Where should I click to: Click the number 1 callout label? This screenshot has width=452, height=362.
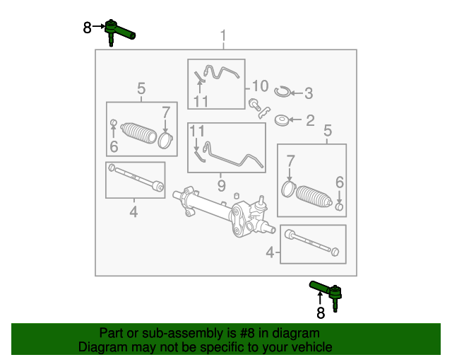point(224,36)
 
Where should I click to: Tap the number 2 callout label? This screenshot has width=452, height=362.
point(310,121)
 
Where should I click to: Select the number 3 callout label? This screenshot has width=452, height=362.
point(309,93)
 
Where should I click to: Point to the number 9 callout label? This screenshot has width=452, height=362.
point(221,186)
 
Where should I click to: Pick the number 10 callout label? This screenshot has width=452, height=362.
point(260,86)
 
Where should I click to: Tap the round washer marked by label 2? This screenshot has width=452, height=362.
point(280,121)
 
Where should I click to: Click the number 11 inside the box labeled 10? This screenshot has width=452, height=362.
point(201,101)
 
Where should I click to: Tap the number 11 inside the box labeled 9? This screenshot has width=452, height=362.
point(196,131)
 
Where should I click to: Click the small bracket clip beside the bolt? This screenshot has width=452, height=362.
point(265,110)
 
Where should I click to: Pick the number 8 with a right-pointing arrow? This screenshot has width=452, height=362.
point(88,28)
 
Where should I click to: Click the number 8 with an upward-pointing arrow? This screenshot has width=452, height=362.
point(320,311)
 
